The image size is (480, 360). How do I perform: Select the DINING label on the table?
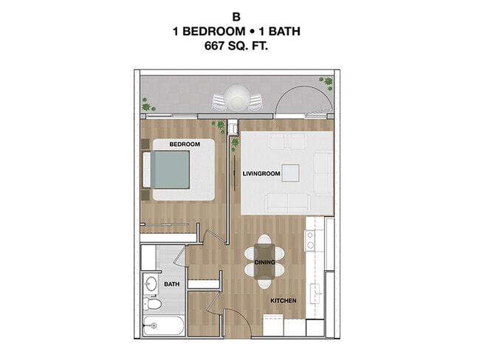(x=264, y=263)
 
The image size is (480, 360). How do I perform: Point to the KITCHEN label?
(x=283, y=302)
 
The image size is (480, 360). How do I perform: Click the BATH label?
(x=171, y=283)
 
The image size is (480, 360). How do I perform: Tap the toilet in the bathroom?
(x=152, y=305)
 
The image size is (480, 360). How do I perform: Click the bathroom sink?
(x=151, y=283)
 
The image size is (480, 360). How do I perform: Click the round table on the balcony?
(x=238, y=97)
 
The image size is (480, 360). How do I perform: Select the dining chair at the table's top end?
(x=264, y=240)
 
